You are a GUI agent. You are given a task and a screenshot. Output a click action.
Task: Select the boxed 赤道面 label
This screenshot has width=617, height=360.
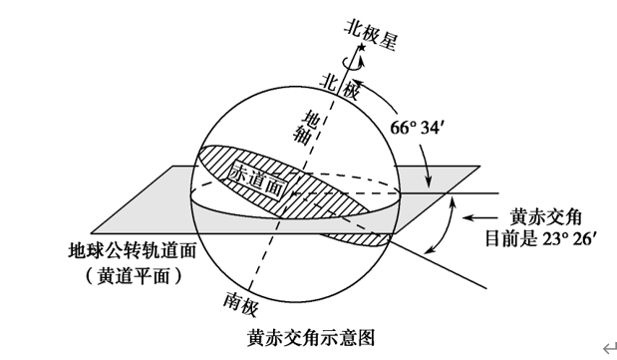tap(265, 181)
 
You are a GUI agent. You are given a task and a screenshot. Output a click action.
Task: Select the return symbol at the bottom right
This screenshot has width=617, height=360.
tap(606, 345)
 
